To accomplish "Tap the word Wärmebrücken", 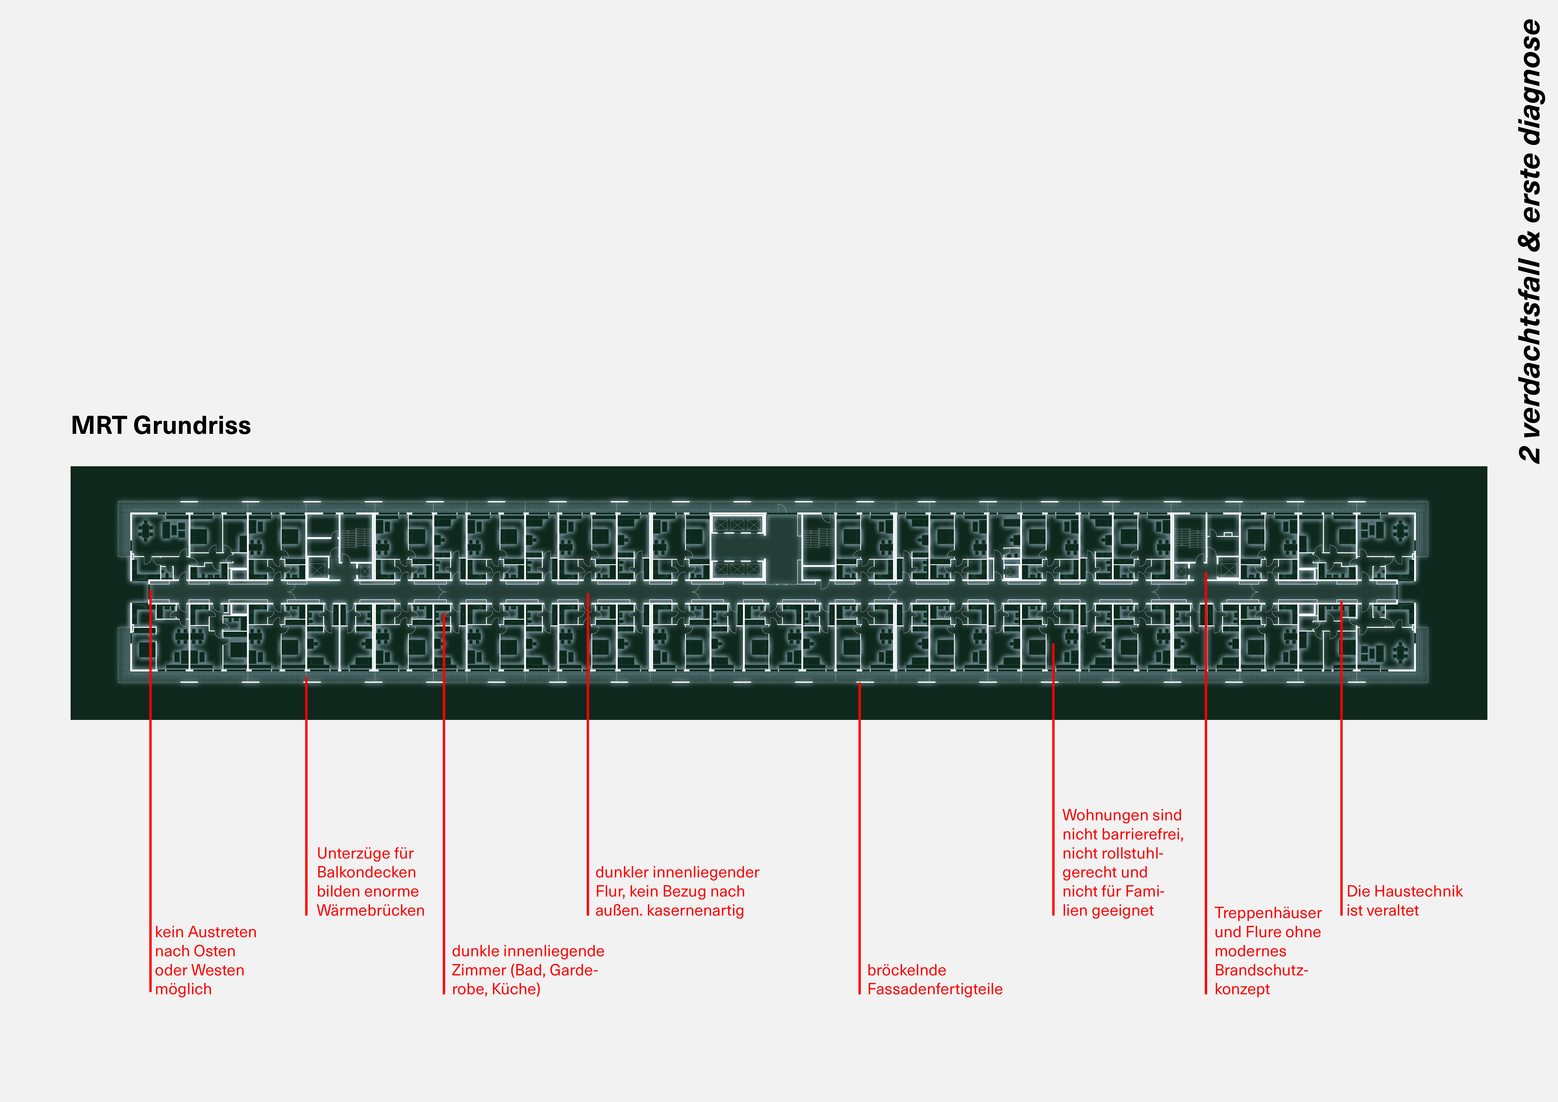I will pyautogui.click(x=370, y=911).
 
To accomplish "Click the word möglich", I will pyautogui.click(x=183, y=989).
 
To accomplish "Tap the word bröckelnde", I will pyautogui.click(x=906, y=970).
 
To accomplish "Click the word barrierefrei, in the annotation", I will pyautogui.click(x=1140, y=835).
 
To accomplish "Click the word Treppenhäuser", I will pyautogui.click(x=1268, y=913).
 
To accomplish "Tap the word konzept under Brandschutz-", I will pyautogui.click(x=1242, y=989).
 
